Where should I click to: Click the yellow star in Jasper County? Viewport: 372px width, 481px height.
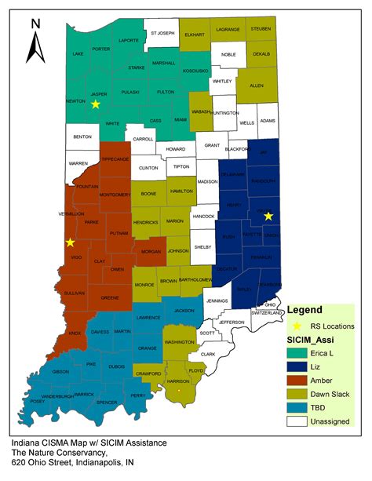coord(95,104)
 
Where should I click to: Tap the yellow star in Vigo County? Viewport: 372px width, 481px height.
coord(70,242)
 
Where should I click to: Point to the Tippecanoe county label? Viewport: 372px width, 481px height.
coord(115,159)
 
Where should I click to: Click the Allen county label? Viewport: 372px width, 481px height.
coord(256,85)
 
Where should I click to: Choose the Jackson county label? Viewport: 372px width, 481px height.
coord(184,311)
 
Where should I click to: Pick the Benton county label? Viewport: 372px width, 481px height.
coord(82,137)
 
